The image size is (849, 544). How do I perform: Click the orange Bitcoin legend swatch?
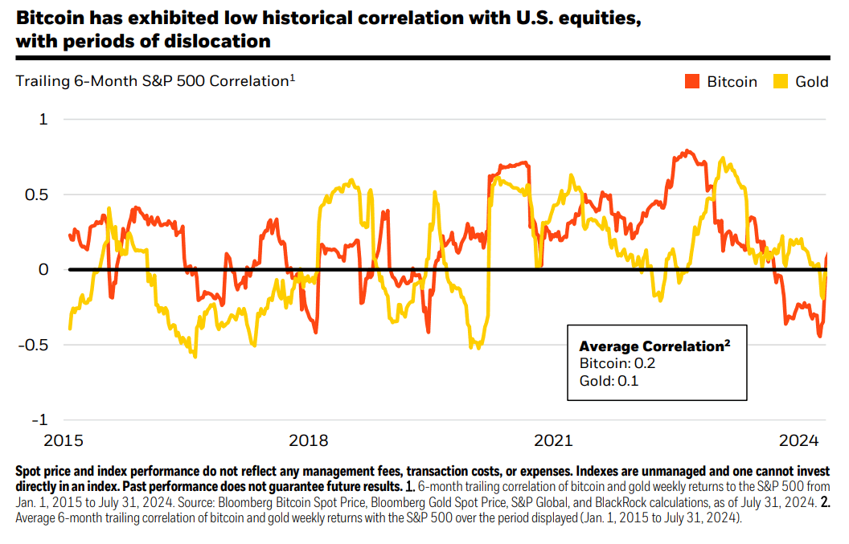coord(693,81)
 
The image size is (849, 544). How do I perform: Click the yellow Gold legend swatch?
coord(781,81)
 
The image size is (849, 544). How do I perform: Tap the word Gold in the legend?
coord(811,81)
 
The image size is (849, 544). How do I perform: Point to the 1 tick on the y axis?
coord(43,119)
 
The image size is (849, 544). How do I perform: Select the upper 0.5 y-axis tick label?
coord(37,194)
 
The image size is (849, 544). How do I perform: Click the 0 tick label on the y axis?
coord(43,269)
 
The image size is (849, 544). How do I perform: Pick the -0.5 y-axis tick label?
coord(33,345)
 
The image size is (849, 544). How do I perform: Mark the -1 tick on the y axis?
coord(40,419)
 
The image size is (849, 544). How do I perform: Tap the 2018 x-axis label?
coord(308,440)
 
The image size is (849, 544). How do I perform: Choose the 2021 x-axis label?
coord(553,440)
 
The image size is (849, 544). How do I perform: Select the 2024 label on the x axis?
coord(799,440)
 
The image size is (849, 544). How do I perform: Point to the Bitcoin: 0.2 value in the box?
coord(617,364)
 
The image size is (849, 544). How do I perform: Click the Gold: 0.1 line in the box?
coord(609,381)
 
